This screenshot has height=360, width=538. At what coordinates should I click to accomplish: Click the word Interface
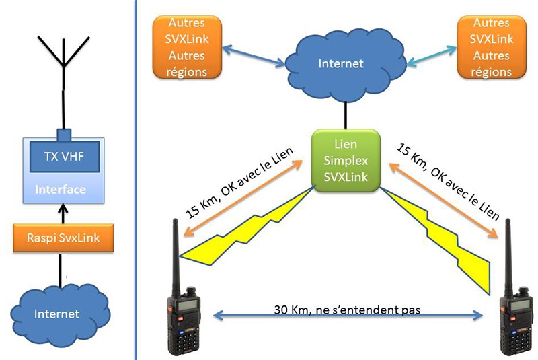[x=61, y=189]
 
